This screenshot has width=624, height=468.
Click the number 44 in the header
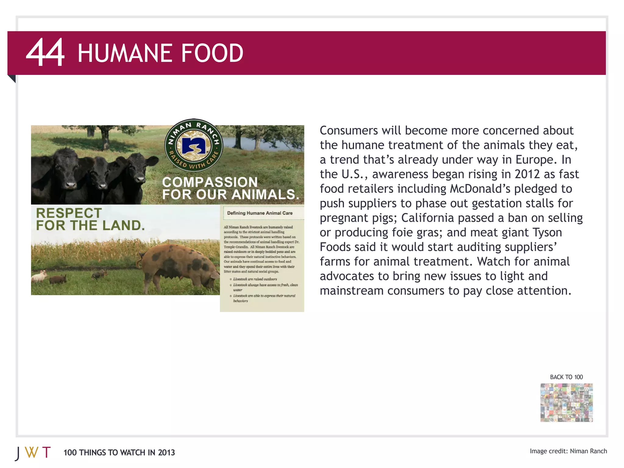(x=45, y=52)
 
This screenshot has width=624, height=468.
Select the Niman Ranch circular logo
(x=194, y=145)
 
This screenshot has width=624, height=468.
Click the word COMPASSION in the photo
(x=210, y=182)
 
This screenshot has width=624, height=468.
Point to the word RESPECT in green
(x=69, y=213)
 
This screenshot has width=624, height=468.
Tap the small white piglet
(x=40, y=276)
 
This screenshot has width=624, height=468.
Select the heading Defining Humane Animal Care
(x=260, y=213)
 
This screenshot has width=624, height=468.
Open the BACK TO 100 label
(x=566, y=377)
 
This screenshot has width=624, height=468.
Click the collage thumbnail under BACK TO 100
(x=566, y=402)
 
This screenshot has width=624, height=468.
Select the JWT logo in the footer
(x=33, y=453)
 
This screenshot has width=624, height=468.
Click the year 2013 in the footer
(x=166, y=452)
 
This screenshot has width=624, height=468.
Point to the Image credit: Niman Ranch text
(x=568, y=451)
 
